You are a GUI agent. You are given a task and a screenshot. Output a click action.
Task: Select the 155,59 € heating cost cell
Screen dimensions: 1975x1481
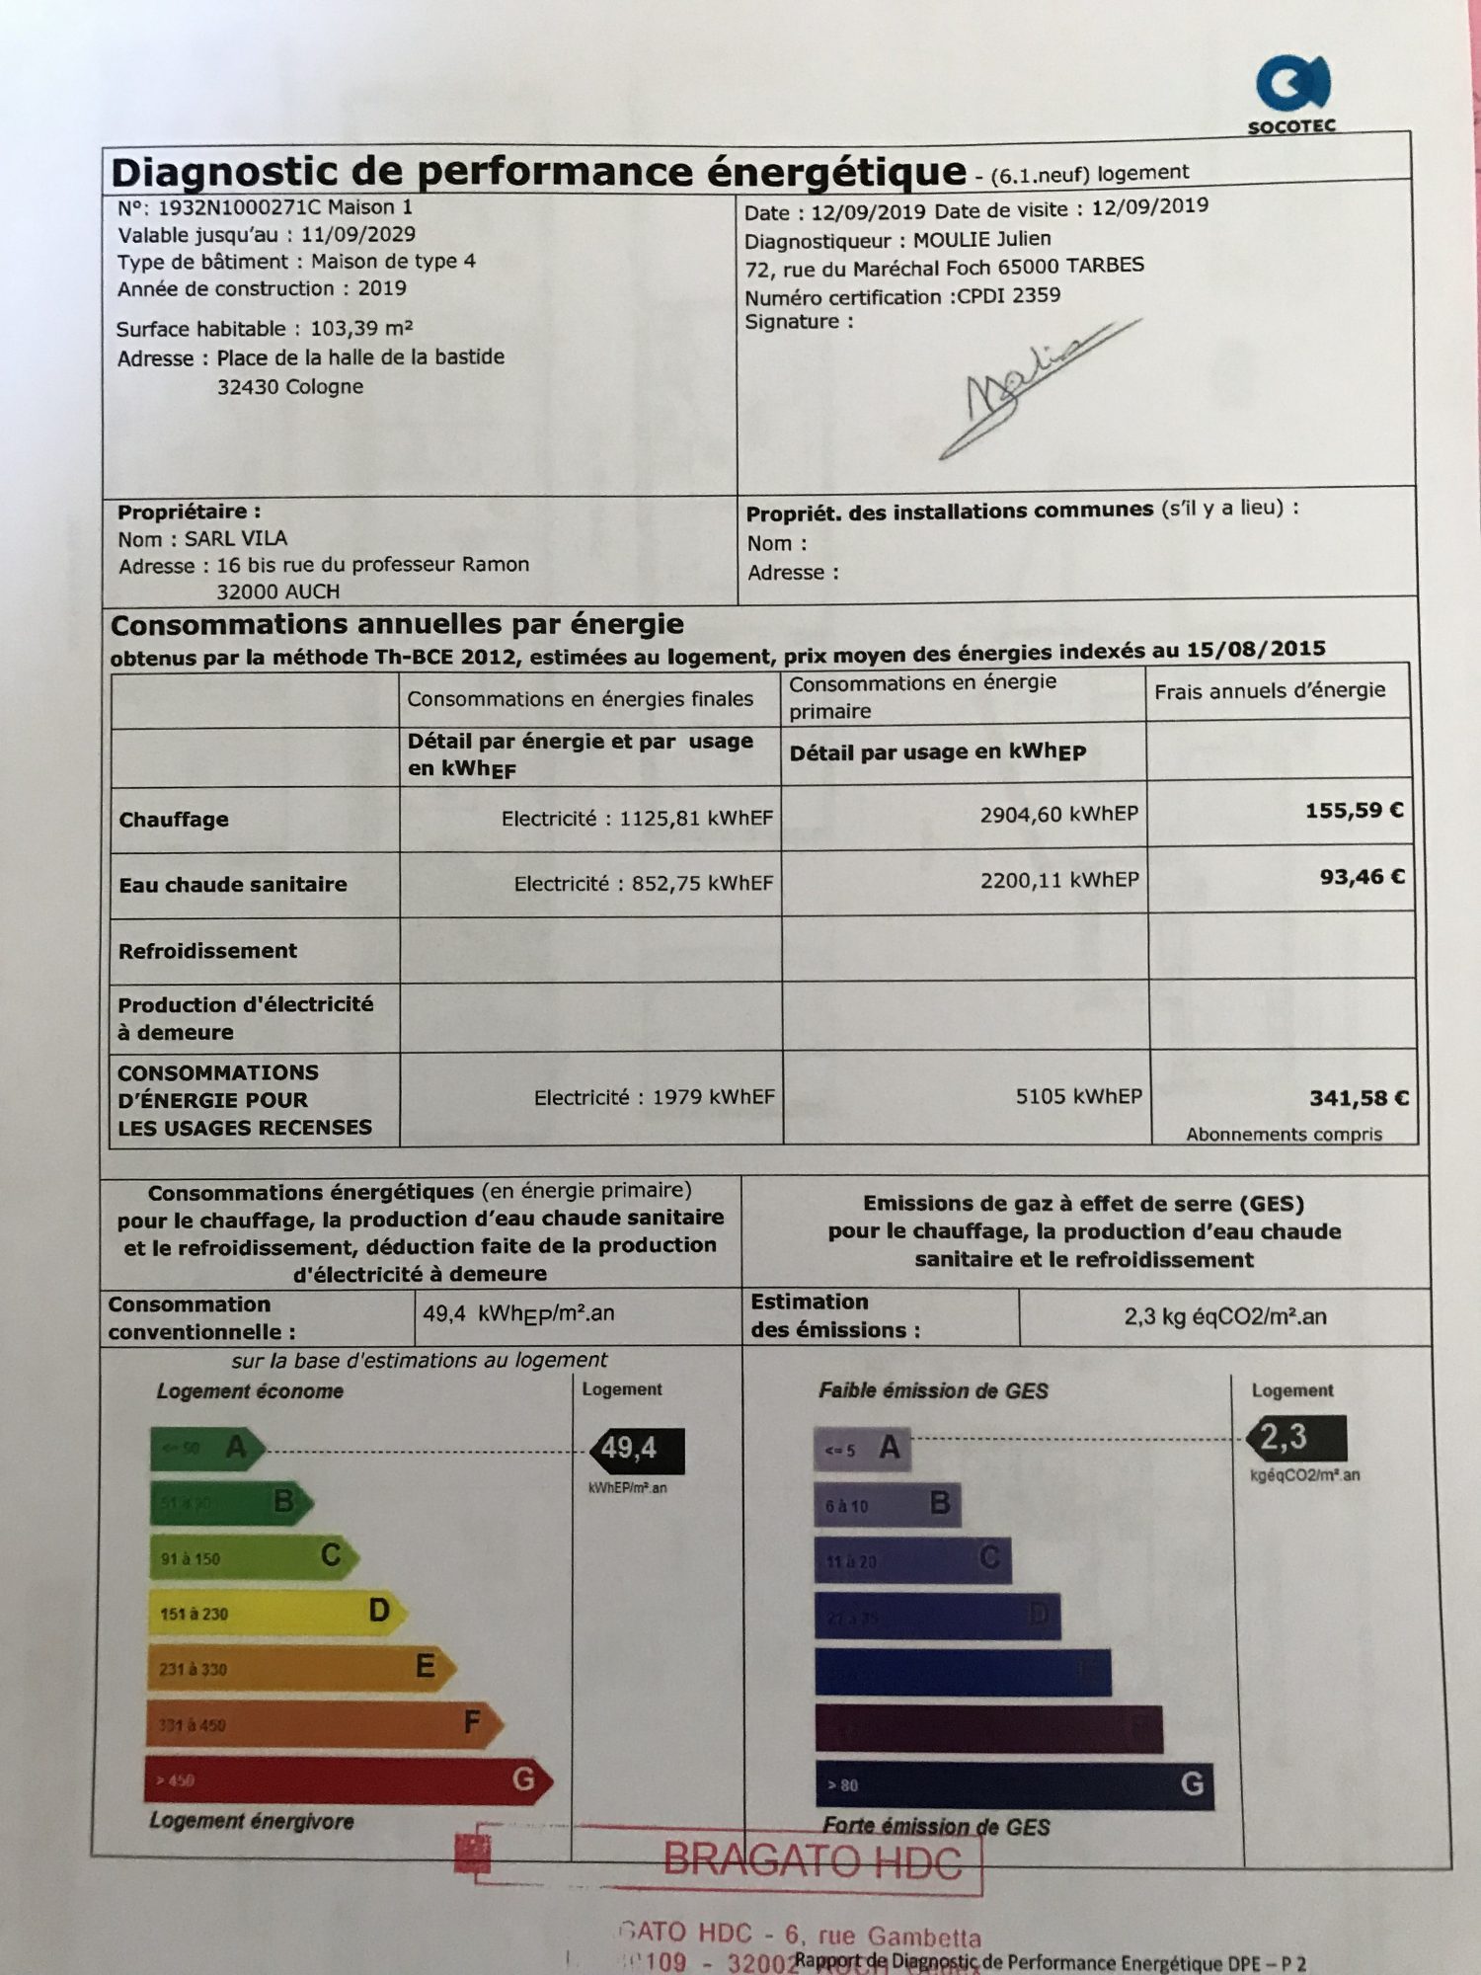click(1354, 811)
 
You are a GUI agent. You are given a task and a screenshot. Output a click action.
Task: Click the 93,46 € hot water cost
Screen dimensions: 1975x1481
click(1362, 877)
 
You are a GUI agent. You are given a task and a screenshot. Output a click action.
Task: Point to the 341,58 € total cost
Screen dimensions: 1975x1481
click(1359, 1098)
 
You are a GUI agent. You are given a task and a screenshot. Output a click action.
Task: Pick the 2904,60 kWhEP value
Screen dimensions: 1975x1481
click(1058, 815)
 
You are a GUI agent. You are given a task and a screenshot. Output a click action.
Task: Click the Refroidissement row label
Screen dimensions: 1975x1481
click(207, 951)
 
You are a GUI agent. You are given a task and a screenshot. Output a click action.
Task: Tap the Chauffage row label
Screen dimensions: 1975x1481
click(174, 820)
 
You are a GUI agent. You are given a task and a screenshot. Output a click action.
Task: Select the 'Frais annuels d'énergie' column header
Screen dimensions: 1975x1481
click(1270, 690)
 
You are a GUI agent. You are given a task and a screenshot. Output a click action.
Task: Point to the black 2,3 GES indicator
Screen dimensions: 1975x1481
click(1295, 1438)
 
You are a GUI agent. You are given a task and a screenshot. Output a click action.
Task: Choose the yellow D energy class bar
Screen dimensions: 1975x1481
click(276, 1612)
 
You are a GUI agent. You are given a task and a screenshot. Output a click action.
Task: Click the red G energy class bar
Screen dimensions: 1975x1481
click(346, 1779)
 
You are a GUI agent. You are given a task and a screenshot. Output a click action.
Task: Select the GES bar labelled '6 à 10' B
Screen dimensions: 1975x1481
click(887, 1505)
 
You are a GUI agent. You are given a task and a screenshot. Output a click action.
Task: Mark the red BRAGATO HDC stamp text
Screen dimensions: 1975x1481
click(812, 1861)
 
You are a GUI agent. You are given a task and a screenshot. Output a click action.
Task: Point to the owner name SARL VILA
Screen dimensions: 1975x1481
click(236, 539)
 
